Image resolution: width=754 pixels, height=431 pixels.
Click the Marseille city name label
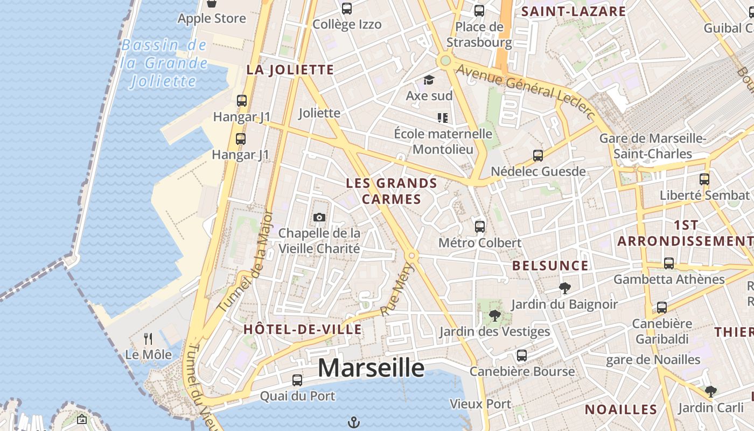[371, 368]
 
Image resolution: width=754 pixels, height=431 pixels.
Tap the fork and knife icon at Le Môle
[148, 339]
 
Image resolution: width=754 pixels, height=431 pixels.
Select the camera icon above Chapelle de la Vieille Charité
[319, 217]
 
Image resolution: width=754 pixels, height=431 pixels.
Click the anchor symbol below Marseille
[353, 422]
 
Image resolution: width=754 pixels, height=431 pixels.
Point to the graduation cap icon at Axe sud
[429, 80]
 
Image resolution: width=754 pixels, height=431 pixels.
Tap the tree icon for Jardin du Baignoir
[564, 288]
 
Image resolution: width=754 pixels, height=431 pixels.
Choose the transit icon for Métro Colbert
[480, 227]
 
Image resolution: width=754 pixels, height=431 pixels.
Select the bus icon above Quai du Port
[297, 380]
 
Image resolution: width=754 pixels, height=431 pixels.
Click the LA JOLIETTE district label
[290, 69]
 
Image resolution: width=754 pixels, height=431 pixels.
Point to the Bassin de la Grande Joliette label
[164, 63]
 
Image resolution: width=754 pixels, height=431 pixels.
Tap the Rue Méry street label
[395, 294]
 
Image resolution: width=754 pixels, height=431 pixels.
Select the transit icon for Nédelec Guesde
[537, 156]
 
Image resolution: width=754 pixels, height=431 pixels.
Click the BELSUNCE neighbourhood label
[550, 266]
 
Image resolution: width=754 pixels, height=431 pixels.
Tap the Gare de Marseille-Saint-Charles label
[653, 146]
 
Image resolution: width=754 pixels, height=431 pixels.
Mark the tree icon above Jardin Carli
[710, 392]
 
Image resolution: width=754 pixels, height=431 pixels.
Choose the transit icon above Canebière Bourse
[521, 356]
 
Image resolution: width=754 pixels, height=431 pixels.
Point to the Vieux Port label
[480, 404]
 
